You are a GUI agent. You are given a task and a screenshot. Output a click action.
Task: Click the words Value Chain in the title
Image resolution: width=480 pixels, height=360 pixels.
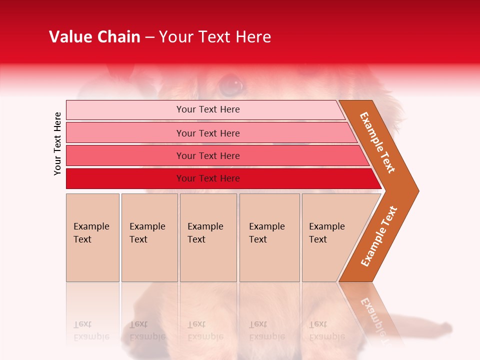94,37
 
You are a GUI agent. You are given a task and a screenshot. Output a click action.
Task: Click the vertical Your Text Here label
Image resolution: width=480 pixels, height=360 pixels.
57,143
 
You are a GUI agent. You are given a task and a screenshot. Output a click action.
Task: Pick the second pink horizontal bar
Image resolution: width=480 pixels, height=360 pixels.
207,133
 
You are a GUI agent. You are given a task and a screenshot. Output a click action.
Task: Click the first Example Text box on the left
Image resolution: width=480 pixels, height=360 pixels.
92,237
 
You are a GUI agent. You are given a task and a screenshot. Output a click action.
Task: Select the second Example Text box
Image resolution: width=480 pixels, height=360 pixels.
149,237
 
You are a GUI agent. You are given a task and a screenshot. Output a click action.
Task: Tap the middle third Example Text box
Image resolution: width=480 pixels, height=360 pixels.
208,237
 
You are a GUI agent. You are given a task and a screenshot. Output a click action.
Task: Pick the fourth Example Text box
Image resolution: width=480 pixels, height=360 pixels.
269,237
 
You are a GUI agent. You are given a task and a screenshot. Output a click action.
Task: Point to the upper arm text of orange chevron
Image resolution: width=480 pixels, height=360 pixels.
377,142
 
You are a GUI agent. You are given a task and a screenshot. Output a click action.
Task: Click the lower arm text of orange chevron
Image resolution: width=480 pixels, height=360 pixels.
378,236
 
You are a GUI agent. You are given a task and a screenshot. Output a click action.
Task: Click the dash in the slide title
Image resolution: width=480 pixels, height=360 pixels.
149,37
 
